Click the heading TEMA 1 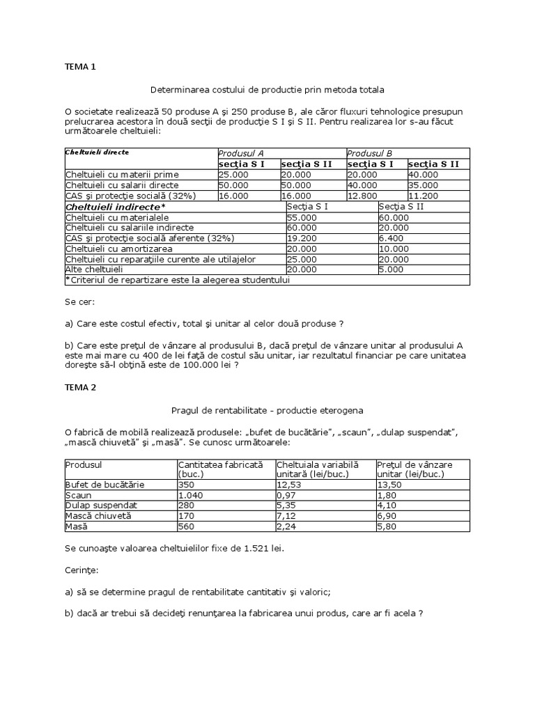[80, 68]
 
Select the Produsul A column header [241, 153]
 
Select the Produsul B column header [370, 153]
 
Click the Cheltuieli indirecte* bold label [115, 207]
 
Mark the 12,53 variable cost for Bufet [288, 484]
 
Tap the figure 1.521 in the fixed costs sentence [250, 549]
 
